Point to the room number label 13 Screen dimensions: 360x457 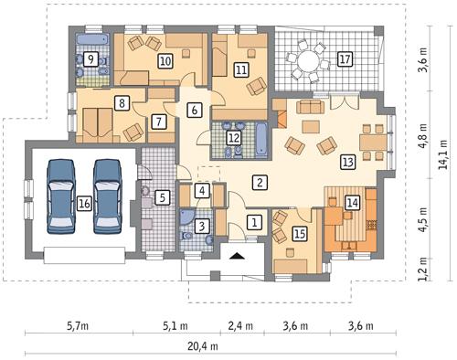click(x=348, y=162)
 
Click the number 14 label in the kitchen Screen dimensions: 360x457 click(x=353, y=203)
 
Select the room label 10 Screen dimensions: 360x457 click(x=165, y=61)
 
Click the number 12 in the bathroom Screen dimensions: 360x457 click(x=235, y=137)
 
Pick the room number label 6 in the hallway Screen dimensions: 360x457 click(x=193, y=111)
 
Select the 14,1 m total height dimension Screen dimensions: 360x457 click(x=442, y=146)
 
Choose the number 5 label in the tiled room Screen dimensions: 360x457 click(x=162, y=196)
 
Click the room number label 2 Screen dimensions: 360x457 click(x=260, y=182)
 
